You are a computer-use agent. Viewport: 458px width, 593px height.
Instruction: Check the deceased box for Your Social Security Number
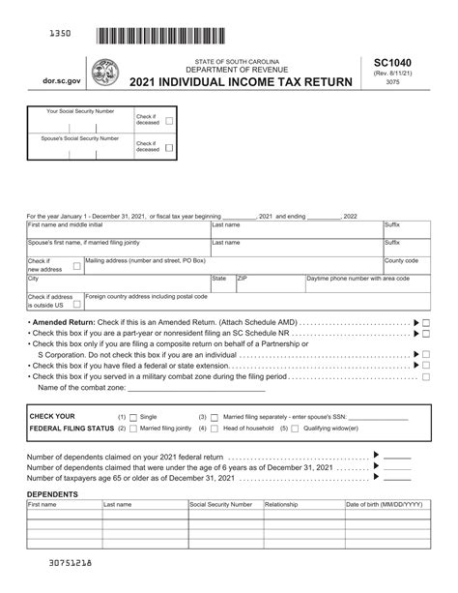[169, 121]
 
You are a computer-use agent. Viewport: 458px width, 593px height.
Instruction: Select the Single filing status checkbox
[133, 416]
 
